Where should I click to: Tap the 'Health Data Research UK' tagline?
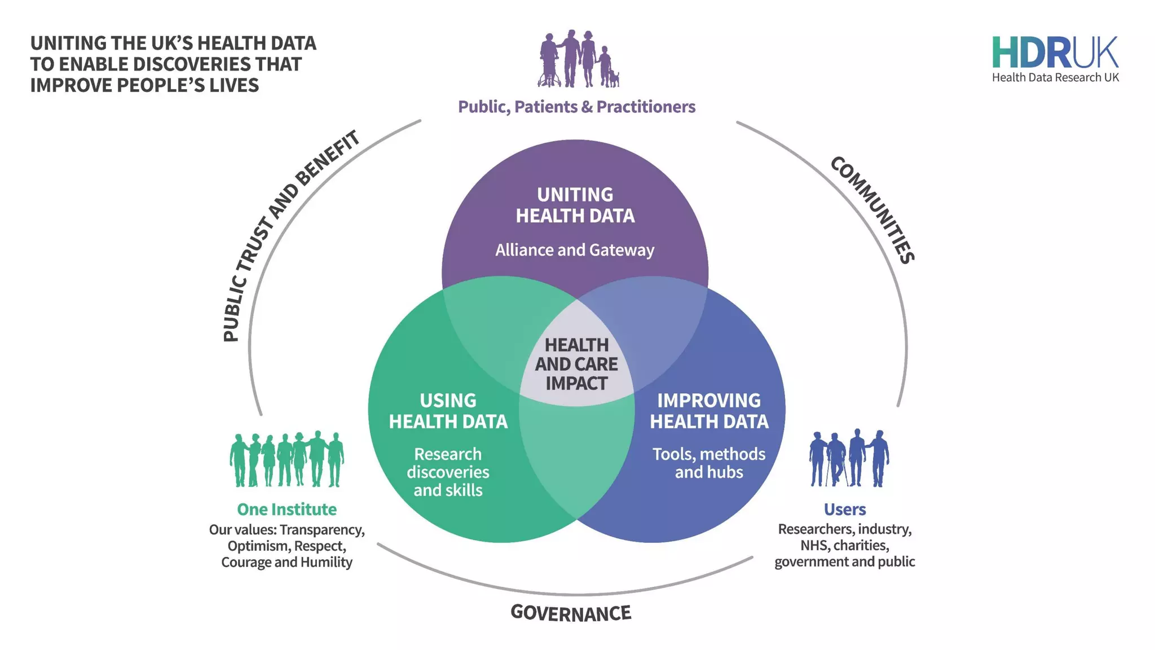(x=1055, y=78)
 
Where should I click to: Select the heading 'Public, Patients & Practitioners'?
(x=576, y=107)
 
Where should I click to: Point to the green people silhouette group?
(x=286, y=460)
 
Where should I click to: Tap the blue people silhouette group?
(x=849, y=458)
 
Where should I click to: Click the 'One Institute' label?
(x=286, y=510)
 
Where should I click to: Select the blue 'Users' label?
(x=844, y=510)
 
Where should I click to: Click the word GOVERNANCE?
(x=571, y=613)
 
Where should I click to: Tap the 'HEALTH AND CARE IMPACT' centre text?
(x=576, y=364)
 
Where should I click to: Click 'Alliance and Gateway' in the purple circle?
(x=575, y=250)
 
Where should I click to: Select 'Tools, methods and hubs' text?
(x=709, y=463)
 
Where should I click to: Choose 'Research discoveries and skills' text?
(x=448, y=472)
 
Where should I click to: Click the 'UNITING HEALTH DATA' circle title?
(x=575, y=205)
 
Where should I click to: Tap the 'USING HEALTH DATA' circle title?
(x=448, y=411)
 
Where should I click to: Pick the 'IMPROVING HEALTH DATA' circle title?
(x=709, y=411)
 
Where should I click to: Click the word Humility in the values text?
(x=326, y=563)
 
